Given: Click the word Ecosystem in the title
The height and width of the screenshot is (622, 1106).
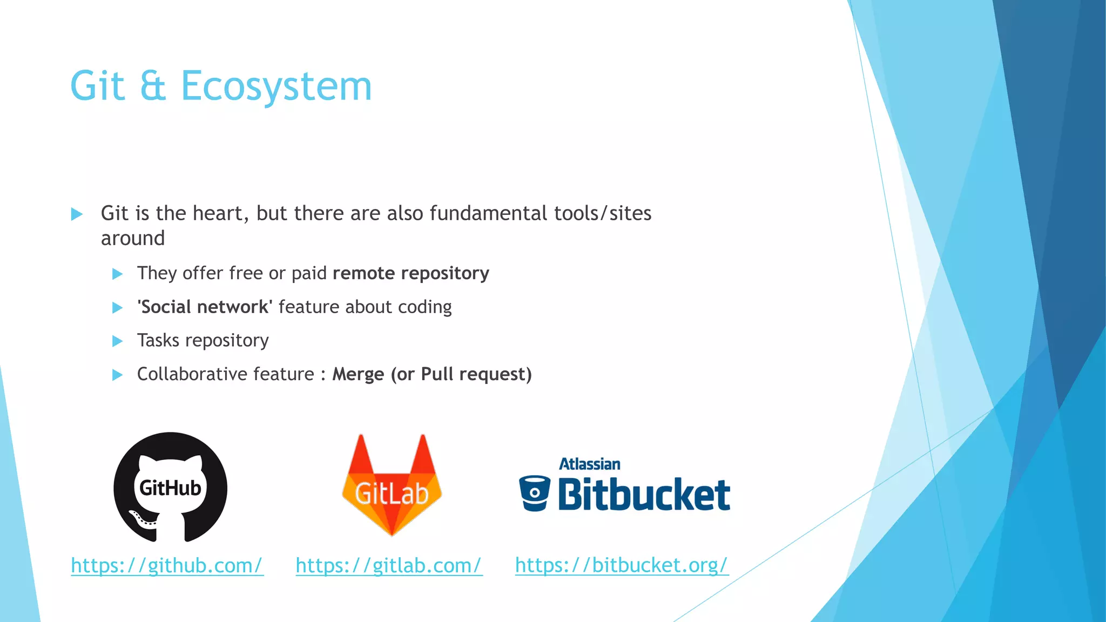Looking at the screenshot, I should tap(276, 86).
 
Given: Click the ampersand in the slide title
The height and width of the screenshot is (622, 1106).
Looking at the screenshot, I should tap(153, 86).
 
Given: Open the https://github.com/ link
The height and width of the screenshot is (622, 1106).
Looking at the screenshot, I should tap(167, 565).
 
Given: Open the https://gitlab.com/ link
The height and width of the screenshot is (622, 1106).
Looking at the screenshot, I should tap(389, 565).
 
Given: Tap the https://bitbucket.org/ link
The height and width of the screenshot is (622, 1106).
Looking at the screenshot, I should tap(622, 565).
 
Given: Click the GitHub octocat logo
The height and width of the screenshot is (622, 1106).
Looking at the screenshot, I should tap(170, 487).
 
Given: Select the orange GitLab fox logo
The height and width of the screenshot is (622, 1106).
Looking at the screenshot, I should tap(392, 486).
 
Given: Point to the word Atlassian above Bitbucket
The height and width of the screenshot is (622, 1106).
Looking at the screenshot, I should tap(589, 464).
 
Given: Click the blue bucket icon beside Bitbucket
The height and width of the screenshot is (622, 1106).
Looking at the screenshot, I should tap(534, 493).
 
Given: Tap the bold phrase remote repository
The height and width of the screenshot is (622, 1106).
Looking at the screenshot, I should tap(410, 273).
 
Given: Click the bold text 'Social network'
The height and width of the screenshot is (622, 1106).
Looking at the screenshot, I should tap(205, 307).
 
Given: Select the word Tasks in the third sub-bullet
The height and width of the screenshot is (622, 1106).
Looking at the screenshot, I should tap(158, 340).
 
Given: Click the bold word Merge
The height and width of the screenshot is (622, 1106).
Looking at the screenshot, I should tap(358, 374).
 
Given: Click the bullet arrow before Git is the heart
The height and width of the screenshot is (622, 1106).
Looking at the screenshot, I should tap(77, 214).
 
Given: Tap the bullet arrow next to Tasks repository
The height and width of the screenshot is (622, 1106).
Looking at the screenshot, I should tap(117, 341).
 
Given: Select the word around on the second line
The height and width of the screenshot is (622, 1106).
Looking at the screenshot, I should tap(133, 238).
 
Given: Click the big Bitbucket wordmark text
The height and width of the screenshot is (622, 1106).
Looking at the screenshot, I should tap(644, 494).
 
